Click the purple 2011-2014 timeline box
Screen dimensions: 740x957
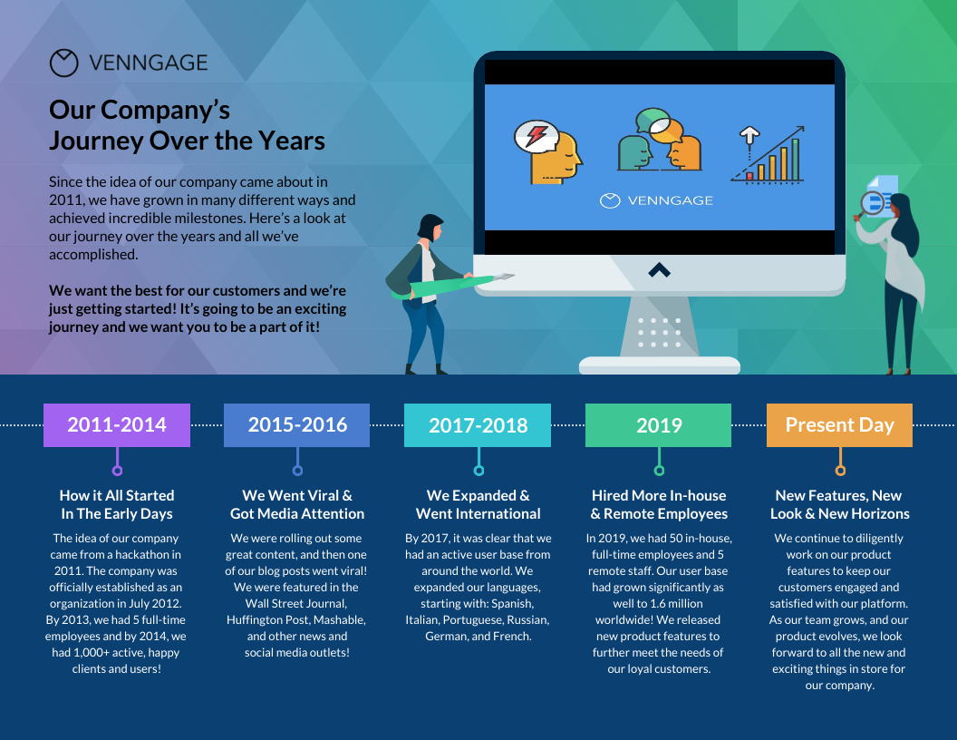coord(117,425)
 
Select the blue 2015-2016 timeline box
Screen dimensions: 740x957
coord(297,425)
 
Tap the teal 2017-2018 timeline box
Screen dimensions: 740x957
coord(478,425)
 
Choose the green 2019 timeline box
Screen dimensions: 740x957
coord(659,425)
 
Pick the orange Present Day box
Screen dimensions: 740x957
coord(839,425)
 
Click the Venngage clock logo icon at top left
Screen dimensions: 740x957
coord(64,63)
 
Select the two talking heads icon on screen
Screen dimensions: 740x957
coord(659,141)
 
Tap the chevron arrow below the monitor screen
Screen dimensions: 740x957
coord(659,269)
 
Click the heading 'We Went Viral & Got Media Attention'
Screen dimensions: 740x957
coord(297,504)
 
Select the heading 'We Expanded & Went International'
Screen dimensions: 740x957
coord(478,504)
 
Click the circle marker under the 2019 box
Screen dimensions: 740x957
coord(659,471)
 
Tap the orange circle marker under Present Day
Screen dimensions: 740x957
coord(840,471)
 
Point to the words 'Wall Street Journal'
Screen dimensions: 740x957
coord(296,603)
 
